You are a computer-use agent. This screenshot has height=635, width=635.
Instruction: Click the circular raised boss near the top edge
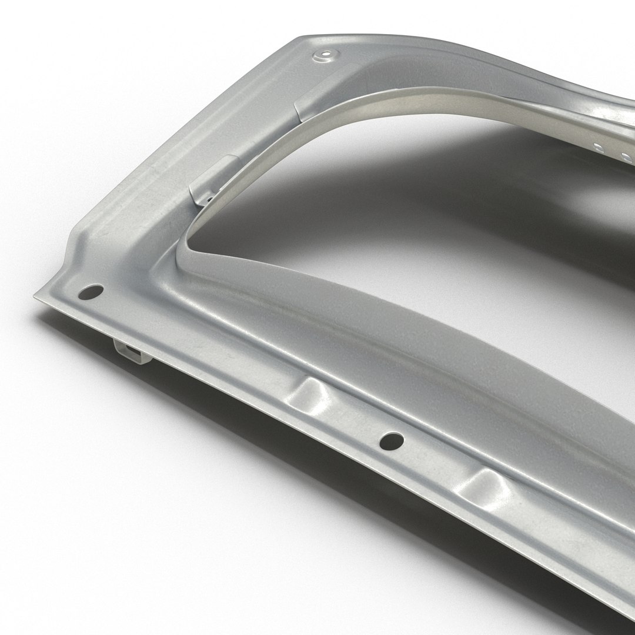[x=323, y=56]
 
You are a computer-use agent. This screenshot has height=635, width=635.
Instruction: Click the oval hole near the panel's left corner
[x=92, y=291]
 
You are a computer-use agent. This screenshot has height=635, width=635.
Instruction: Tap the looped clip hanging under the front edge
[x=131, y=352]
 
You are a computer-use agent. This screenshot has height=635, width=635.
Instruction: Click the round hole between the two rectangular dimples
[x=391, y=439]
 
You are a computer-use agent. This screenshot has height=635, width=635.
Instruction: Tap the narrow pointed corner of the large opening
[x=187, y=247]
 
